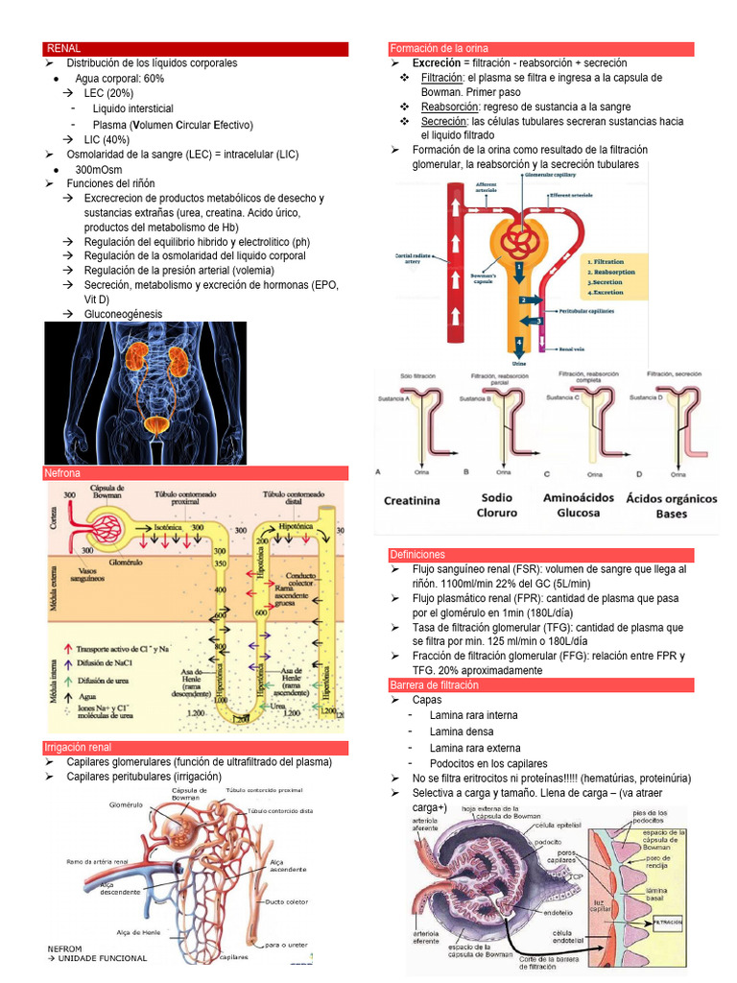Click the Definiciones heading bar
(x=417, y=555)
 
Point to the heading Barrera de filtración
(x=434, y=685)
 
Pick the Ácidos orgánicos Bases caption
(x=671, y=505)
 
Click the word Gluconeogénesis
(x=123, y=314)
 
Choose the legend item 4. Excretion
(x=607, y=292)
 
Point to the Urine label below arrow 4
(x=519, y=364)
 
